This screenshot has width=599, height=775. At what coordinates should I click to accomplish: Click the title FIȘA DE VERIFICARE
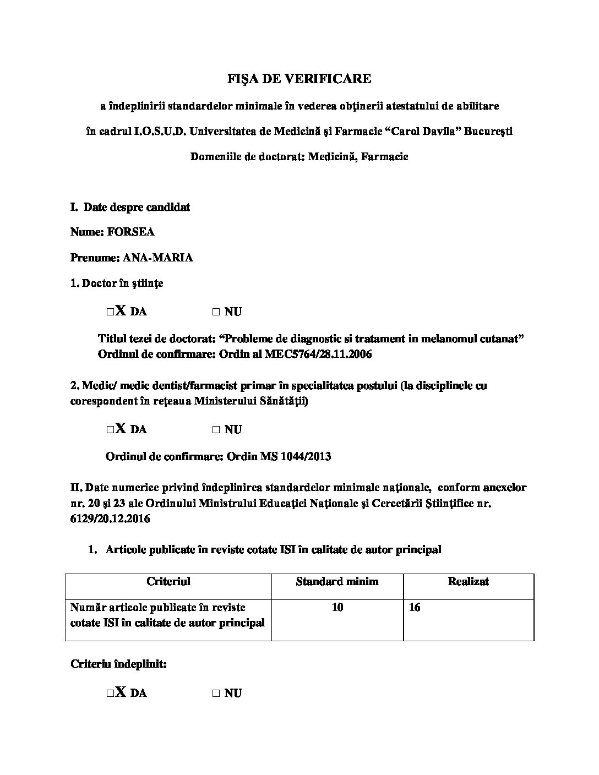point(299,79)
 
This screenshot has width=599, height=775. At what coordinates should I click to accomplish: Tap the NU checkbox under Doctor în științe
point(216,312)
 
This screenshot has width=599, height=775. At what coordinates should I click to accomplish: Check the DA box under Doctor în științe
point(111,312)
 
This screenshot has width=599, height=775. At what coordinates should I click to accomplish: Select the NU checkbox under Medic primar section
point(216,430)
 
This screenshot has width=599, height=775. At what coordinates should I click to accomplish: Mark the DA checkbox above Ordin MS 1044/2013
point(111,430)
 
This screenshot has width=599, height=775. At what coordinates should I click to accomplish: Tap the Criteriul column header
point(168,581)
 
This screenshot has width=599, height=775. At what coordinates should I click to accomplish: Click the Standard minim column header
point(337,581)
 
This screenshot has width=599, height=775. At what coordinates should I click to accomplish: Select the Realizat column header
point(468,581)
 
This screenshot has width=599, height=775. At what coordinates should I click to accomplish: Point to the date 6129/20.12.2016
point(110,519)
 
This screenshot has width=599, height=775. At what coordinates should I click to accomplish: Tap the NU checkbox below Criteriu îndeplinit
point(216,694)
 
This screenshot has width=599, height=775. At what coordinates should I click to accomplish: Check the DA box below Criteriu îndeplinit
point(111,694)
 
